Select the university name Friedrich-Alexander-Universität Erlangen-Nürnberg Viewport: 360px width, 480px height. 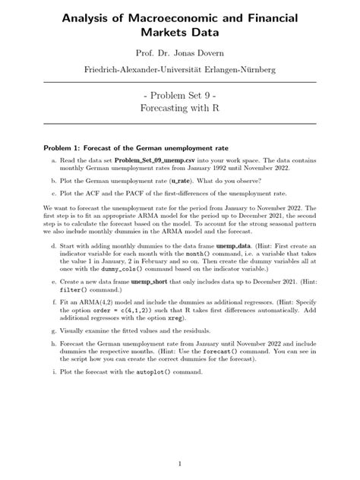pos(180,71)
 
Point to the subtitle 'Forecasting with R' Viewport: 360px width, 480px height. pos(180,108)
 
